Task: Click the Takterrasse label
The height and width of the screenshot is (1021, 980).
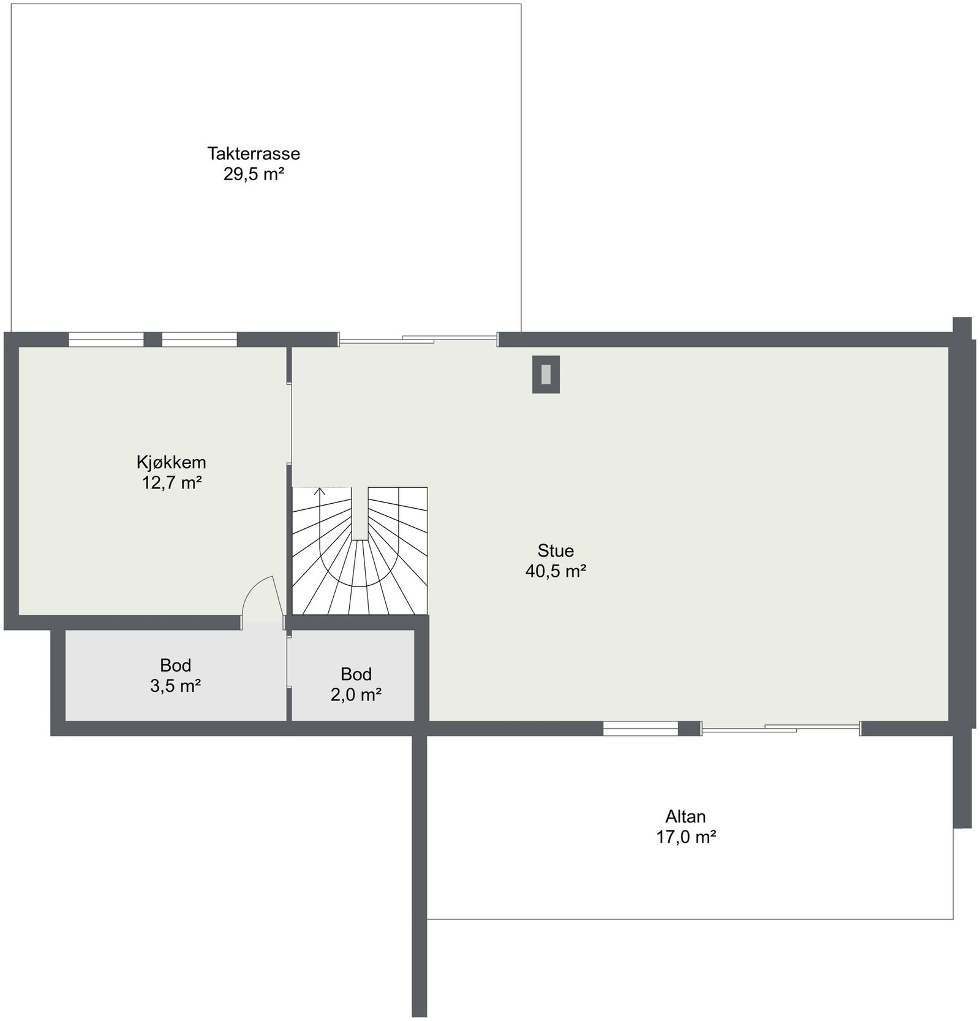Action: (253, 153)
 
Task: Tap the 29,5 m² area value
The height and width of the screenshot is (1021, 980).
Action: (253, 174)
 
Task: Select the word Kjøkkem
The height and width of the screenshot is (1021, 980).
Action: (171, 462)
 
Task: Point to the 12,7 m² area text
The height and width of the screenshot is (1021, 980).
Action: (171, 483)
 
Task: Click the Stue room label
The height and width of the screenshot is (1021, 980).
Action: (555, 550)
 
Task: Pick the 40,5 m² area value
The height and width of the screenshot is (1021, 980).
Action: (556, 571)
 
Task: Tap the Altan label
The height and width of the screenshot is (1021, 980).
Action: (685, 816)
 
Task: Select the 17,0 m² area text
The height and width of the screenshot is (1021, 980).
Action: (686, 837)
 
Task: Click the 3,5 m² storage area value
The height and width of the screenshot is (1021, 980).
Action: (175, 686)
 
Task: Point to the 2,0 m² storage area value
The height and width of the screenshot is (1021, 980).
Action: (356, 695)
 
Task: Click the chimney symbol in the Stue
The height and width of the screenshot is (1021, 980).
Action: (545, 374)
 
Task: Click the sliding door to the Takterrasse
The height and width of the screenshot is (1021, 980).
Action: (418, 339)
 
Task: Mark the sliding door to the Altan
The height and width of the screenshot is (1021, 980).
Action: (780, 728)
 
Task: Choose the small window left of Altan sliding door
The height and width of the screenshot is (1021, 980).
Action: (640, 728)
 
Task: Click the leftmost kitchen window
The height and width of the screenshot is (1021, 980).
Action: (106, 339)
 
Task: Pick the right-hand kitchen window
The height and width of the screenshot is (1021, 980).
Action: (199, 339)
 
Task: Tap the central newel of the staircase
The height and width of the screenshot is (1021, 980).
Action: (360, 514)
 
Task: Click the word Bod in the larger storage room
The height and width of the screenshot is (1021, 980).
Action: (175, 665)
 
